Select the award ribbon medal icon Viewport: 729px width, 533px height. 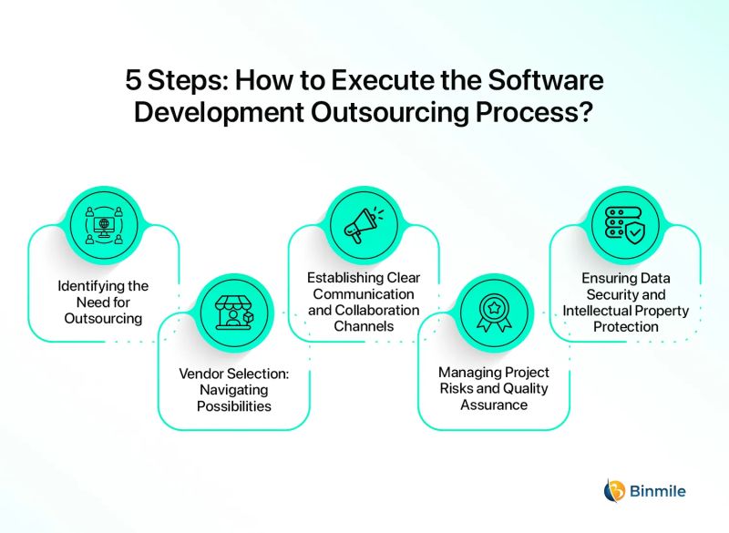click(x=493, y=311)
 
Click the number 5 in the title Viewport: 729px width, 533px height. click(x=135, y=80)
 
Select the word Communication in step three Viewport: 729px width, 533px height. click(x=364, y=294)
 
